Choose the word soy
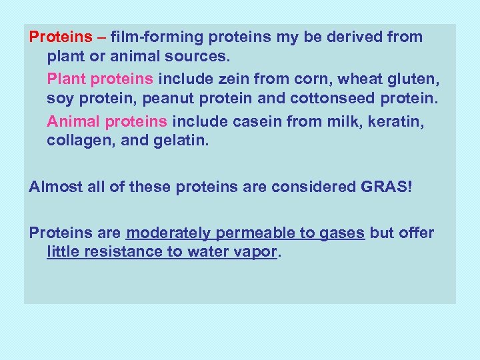[60, 99]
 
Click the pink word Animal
[72, 122]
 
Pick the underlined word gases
[341, 233]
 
